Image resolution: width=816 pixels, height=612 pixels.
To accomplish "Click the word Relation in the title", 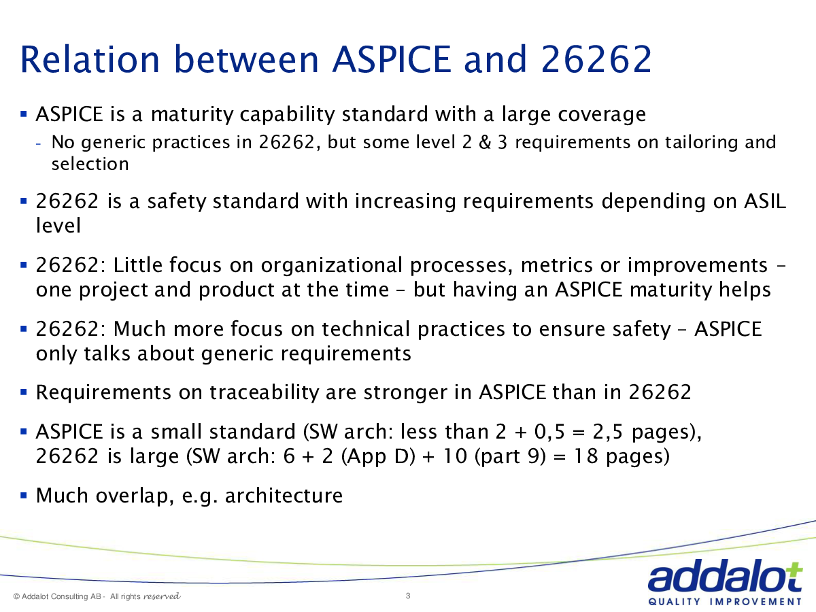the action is coord(90,59).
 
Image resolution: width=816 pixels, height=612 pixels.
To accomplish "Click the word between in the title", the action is coord(246,59).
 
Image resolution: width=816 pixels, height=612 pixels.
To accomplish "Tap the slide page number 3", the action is coord(408,596).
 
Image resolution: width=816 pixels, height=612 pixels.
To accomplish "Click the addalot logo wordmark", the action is coord(725,575).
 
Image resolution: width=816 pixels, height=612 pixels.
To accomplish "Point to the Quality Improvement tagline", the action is coord(725,602).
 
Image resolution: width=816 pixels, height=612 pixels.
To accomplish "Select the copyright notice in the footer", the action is coord(97,596).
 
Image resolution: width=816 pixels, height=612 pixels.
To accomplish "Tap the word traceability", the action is coord(264,392).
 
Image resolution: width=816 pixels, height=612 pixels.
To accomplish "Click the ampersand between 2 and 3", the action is coord(485,142).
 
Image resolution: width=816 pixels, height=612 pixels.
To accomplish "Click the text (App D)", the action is coord(378,457).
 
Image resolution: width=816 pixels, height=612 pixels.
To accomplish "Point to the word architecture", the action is coord(284,496).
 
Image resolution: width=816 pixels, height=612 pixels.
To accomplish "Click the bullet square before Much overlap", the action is coord(24,495).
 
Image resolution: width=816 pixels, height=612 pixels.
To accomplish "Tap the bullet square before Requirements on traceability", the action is coord(24,392).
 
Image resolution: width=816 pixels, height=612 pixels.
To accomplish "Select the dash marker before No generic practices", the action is coord(38,143).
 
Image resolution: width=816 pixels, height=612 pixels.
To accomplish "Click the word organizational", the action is coord(331,266).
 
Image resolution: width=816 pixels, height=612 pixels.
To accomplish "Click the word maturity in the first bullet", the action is coord(192,115).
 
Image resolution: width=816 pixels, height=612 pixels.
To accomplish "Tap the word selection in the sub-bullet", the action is coord(90,164).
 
